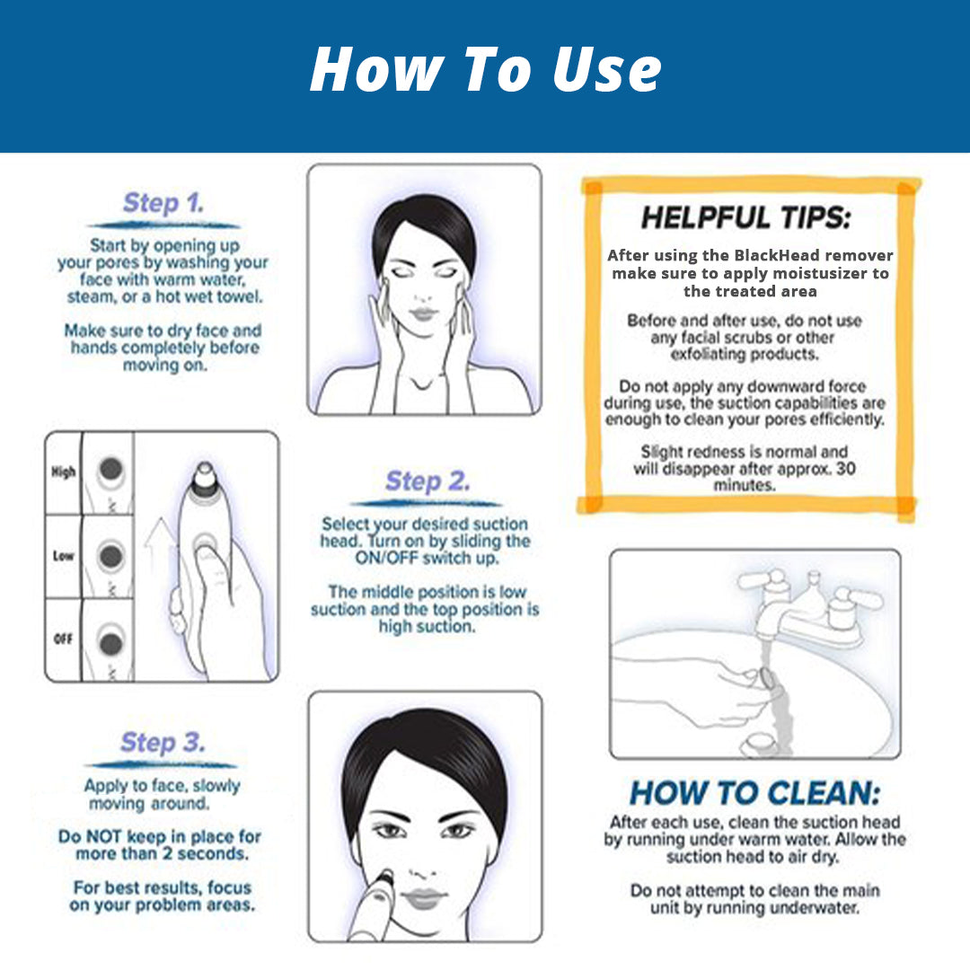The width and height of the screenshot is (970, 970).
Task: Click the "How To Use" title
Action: tap(485, 70)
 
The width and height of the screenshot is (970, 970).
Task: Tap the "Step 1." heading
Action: tap(163, 203)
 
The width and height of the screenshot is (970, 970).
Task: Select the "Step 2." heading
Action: tap(427, 481)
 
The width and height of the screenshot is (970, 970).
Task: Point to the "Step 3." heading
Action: tap(163, 743)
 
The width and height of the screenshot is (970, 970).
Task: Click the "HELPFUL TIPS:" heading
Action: tap(745, 217)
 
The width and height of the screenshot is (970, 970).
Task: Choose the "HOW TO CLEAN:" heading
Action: tap(754, 793)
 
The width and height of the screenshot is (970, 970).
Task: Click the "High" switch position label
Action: tap(63, 472)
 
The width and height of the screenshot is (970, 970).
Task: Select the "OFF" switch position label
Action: tap(63, 639)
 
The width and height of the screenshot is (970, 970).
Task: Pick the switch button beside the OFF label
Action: tap(111, 642)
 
